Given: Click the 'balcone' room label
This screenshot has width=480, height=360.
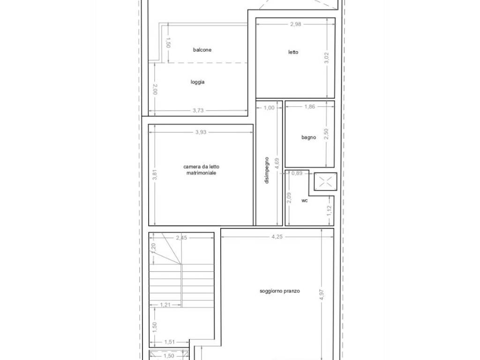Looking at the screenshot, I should pyautogui.click(x=202, y=50).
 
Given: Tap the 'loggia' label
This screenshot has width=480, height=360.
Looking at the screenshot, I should pyautogui.click(x=197, y=82).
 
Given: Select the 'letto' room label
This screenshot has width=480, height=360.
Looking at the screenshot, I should pyautogui.click(x=293, y=52).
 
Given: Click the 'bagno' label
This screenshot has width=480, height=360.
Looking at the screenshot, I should pyautogui.click(x=308, y=137).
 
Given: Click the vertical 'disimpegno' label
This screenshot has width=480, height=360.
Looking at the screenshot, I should pyautogui.click(x=267, y=170).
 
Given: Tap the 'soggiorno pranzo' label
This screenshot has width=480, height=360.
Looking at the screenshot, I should pyautogui.click(x=280, y=291).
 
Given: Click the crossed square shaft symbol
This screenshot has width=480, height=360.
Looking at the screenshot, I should pyautogui.click(x=325, y=182).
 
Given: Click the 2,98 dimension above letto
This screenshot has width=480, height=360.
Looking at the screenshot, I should pyautogui.click(x=295, y=25).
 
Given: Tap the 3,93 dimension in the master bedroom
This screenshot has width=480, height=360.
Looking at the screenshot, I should pyautogui.click(x=201, y=132).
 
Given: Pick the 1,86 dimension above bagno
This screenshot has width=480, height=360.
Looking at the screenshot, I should pyautogui.click(x=310, y=107).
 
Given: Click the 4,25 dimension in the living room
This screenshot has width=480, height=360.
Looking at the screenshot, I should pyautogui.click(x=277, y=237).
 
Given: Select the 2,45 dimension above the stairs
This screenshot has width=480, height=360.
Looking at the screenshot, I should pyautogui.click(x=181, y=238).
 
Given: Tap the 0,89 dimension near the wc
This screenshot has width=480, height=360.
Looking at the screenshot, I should pyautogui.click(x=297, y=173).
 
